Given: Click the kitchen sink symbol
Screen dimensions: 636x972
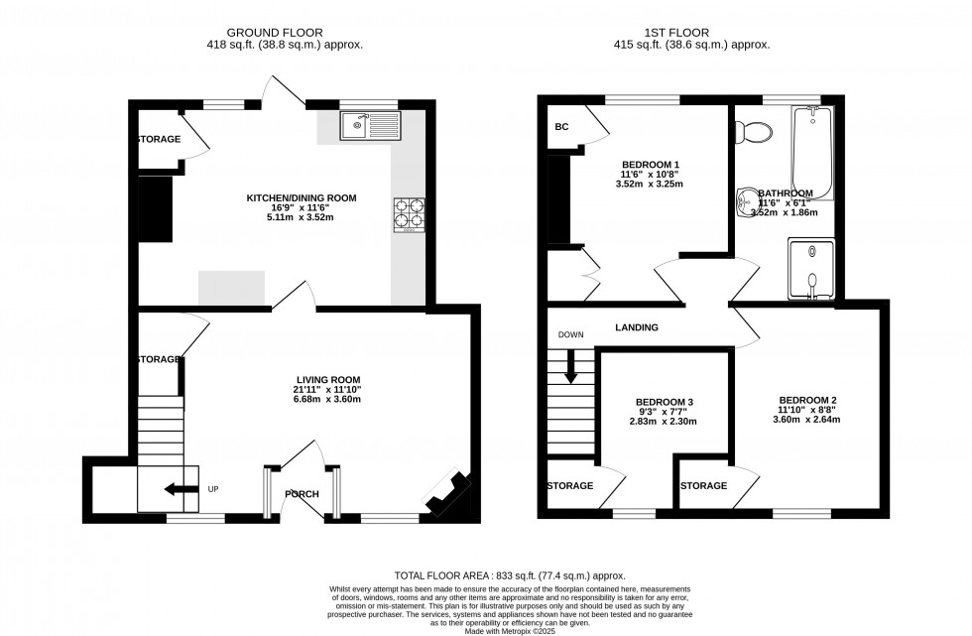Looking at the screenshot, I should pos(368,125).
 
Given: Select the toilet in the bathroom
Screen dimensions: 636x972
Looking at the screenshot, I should pos(759,131).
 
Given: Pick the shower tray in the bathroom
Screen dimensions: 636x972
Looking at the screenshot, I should pos(811,268).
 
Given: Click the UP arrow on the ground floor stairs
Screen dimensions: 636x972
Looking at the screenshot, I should pos(181,488).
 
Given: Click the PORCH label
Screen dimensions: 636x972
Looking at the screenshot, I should pos(302,493).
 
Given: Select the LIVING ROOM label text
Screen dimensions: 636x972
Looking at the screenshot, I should pos(327,379).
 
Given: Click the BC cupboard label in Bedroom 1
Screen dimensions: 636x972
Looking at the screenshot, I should pos(561,127).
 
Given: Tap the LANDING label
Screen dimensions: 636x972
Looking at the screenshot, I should pos(637,327).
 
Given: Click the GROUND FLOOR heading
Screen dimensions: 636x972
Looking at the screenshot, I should pos(288,33).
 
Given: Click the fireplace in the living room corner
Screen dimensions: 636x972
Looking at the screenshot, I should pos(449,494).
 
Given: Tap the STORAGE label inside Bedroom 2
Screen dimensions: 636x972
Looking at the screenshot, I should pos(703,486).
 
